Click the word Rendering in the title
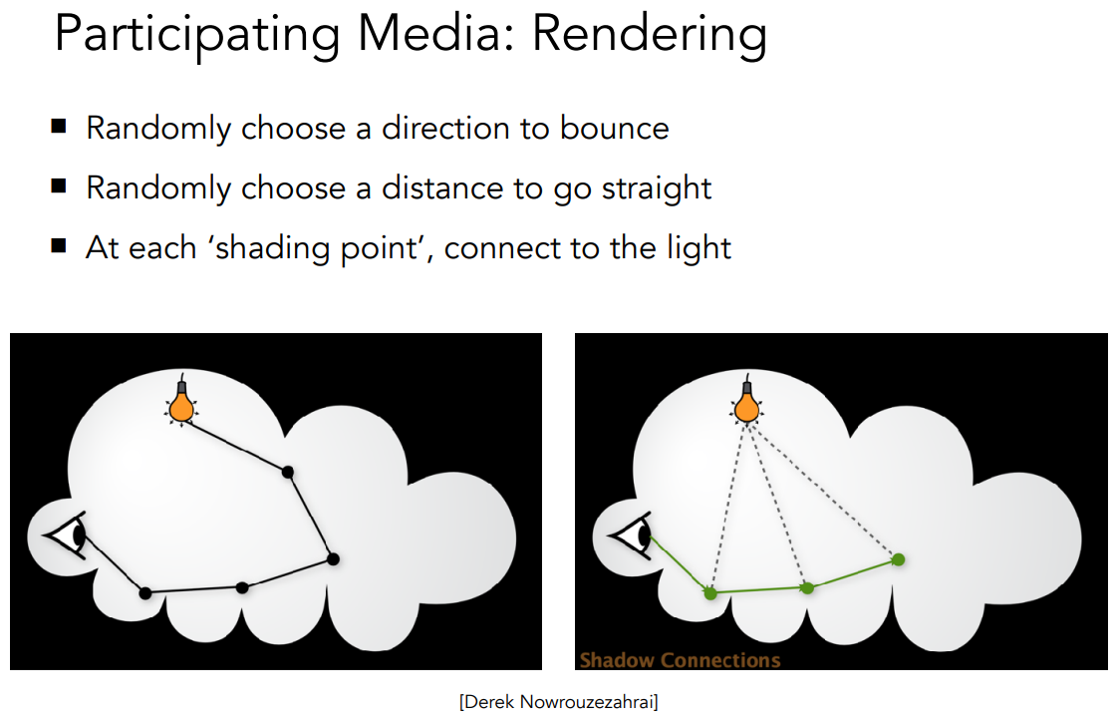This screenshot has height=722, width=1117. [x=650, y=35]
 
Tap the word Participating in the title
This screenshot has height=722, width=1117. [x=196, y=35]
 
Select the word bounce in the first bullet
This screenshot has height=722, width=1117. [x=614, y=129]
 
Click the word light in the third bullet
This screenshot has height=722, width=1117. [x=699, y=248]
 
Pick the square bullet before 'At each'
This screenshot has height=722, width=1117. [x=59, y=246]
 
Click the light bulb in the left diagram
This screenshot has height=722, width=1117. [x=181, y=401]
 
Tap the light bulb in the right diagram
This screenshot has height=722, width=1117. [x=746, y=401]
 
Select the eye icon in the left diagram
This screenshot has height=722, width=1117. [x=67, y=536]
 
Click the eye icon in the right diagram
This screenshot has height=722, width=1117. [x=631, y=536]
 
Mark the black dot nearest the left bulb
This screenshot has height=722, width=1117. [x=288, y=472]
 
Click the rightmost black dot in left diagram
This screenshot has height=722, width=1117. [x=333, y=559]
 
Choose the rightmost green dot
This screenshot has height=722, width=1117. [x=899, y=559]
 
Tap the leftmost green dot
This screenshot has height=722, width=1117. [x=710, y=593]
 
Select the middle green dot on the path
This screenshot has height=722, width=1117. [x=807, y=588]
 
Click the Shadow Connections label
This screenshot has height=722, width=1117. [x=680, y=660]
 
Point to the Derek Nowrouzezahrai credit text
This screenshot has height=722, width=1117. [x=558, y=702]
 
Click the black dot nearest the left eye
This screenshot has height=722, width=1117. [x=145, y=593]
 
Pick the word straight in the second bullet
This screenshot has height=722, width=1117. [x=656, y=188]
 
